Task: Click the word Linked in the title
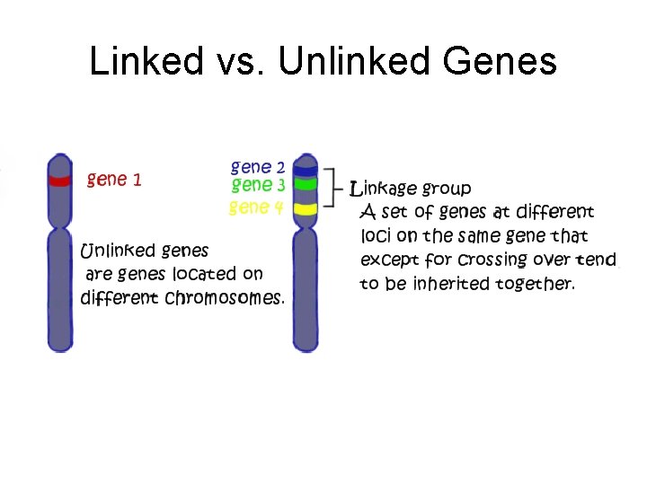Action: [146, 61]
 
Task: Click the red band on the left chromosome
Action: [60, 181]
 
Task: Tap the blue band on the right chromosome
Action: [306, 169]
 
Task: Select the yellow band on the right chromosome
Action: [306, 209]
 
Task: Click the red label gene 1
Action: [114, 180]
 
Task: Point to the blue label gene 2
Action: [258, 167]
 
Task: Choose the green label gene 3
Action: [258, 185]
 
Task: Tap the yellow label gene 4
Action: [256, 207]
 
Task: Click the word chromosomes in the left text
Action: [225, 297]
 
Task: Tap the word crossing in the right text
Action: [492, 260]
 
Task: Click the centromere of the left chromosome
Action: [60, 221]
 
